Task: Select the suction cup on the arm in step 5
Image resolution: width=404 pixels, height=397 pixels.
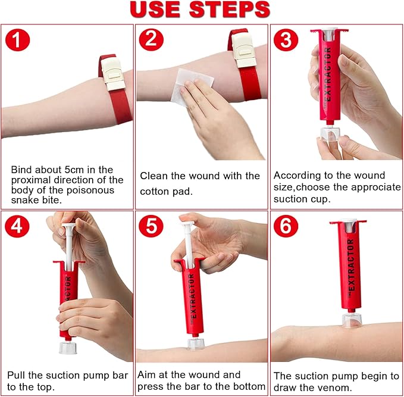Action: tap(195, 343)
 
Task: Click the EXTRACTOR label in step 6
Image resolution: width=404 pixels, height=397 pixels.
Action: tap(350, 265)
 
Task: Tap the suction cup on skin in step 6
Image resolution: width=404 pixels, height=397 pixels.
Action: tap(352, 320)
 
